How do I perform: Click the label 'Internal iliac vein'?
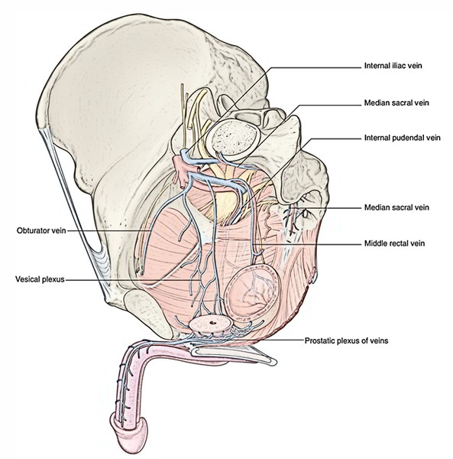tap(393, 65)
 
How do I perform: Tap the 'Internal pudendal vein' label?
tap(402, 138)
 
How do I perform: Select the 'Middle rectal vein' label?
tap(394, 243)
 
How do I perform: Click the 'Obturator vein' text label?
tap(41, 231)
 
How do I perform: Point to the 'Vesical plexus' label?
tap(40, 279)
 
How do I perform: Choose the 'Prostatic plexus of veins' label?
tap(346, 340)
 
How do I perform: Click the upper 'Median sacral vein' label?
tap(396, 103)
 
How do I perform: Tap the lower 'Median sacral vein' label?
tap(396, 207)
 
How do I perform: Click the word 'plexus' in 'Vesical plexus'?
tap(53, 279)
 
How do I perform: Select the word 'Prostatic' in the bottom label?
tap(319, 340)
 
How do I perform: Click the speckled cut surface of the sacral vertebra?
tap(234, 137)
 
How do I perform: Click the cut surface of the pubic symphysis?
tap(141, 312)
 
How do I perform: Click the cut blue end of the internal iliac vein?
tap(184, 153)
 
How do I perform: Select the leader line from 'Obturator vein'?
tap(108, 231)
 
